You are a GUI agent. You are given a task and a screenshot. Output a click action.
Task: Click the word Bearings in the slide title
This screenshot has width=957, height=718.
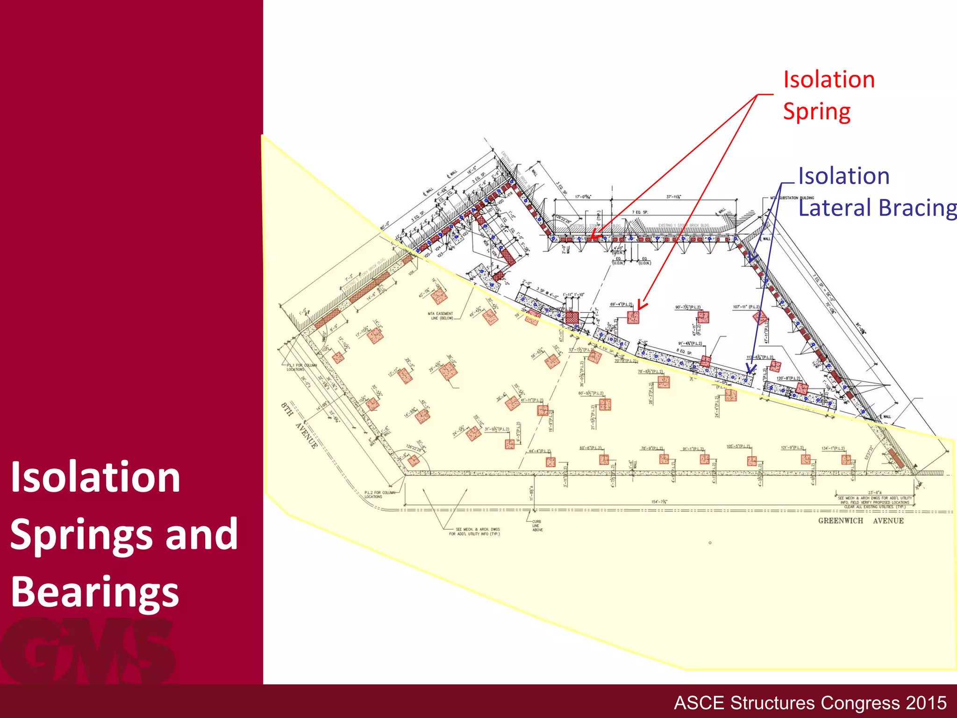95,592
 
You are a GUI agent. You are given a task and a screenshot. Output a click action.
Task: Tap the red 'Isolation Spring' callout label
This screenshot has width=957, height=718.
828,95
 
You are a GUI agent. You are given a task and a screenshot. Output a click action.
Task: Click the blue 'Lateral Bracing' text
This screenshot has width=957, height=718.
877,208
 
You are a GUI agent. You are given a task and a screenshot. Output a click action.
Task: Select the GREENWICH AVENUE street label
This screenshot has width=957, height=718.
861,521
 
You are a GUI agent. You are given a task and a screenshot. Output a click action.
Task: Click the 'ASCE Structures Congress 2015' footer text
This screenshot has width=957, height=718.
810,703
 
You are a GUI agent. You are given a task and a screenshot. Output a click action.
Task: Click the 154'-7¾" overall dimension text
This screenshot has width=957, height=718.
659,502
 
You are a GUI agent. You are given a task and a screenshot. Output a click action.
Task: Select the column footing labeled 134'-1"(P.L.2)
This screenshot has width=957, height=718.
846,460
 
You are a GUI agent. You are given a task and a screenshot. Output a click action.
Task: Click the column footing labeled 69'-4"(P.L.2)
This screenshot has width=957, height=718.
633,317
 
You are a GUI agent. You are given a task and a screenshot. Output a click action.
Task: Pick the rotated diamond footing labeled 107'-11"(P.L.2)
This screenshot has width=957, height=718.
760,318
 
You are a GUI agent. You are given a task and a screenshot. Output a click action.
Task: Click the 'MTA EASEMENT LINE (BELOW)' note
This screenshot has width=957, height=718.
440,316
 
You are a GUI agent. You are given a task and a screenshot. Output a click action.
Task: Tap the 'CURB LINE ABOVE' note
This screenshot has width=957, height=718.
537,525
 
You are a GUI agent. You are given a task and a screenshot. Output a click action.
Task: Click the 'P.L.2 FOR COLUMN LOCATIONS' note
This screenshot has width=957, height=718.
379,495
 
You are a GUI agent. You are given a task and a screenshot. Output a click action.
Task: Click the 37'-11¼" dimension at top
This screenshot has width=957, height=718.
673,197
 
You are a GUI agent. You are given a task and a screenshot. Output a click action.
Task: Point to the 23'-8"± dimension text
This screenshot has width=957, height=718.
875,493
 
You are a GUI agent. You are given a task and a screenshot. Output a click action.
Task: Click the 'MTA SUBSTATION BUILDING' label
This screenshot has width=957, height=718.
792,198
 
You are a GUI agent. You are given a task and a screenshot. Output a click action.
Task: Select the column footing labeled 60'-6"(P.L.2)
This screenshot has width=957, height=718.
604,460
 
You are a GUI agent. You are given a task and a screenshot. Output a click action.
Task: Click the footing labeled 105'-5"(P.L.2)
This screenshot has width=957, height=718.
751,461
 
